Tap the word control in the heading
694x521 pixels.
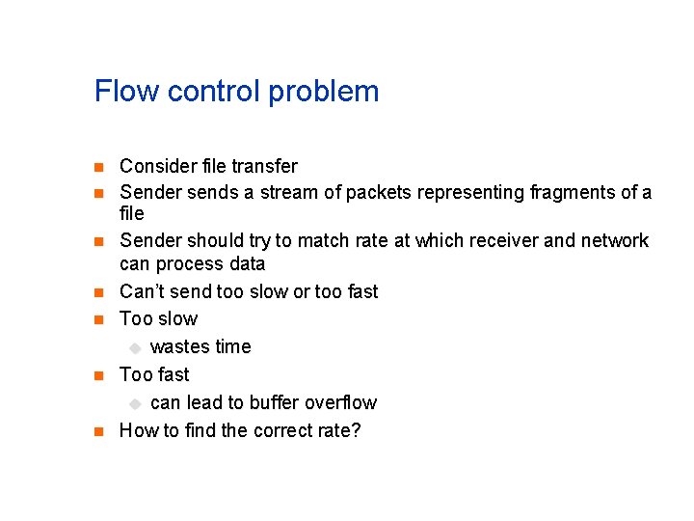tap(214, 92)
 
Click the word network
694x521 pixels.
tap(614, 239)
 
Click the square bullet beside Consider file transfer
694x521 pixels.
tap(98, 167)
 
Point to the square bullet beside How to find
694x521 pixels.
tap(98, 431)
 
